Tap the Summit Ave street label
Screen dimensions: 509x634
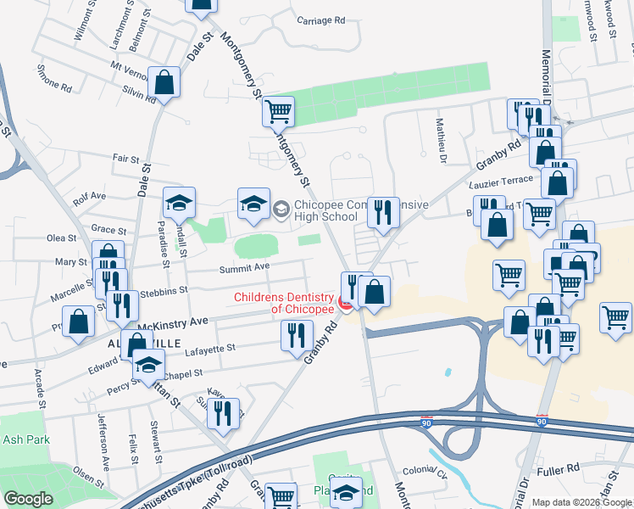(x=244, y=268)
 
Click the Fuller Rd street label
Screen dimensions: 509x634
(x=560, y=467)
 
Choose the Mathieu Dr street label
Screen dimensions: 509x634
(x=442, y=140)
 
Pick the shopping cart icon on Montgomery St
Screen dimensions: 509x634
(x=278, y=110)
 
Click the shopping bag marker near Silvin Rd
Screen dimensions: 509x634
(x=164, y=82)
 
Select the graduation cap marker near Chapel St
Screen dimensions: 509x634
(x=148, y=365)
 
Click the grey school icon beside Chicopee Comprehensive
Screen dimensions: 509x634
(x=281, y=206)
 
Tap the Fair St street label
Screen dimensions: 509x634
(x=125, y=158)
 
